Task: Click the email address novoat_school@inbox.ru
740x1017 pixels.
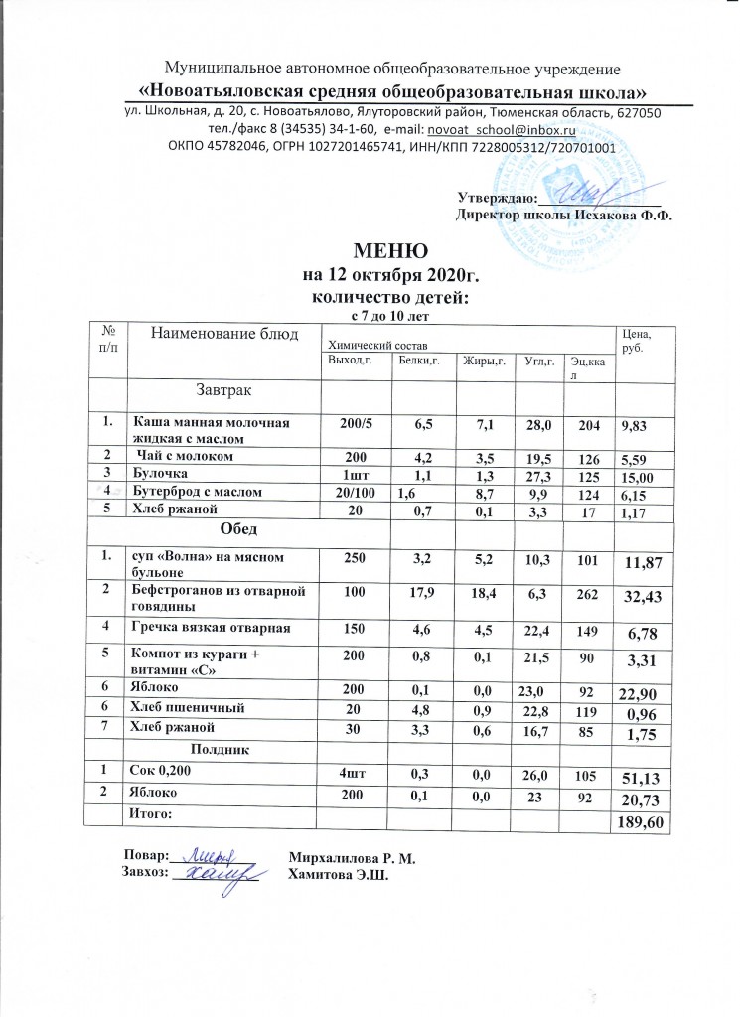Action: coord(511,130)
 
